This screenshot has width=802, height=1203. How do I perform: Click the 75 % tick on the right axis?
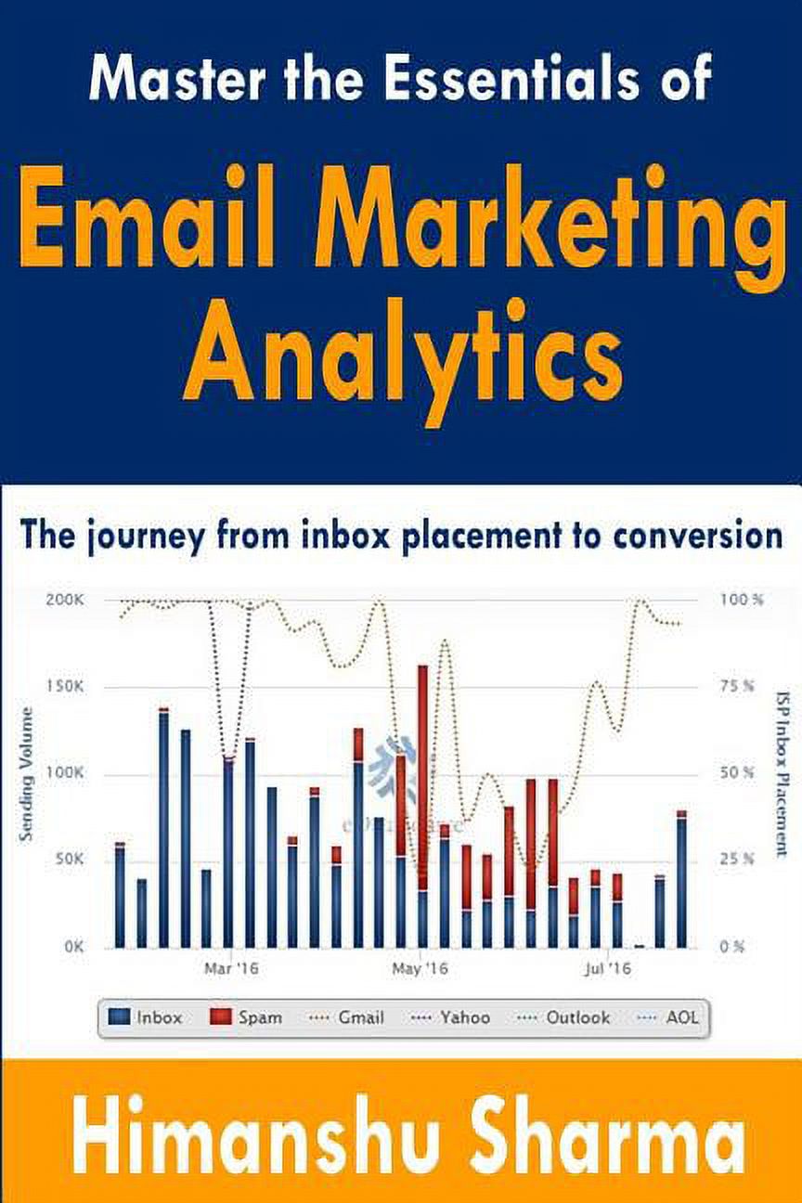click(x=740, y=686)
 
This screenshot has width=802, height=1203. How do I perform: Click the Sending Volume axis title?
click(x=26, y=774)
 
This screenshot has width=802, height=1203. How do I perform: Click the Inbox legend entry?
click(x=146, y=1017)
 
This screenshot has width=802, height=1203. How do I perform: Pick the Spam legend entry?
click(x=247, y=1017)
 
